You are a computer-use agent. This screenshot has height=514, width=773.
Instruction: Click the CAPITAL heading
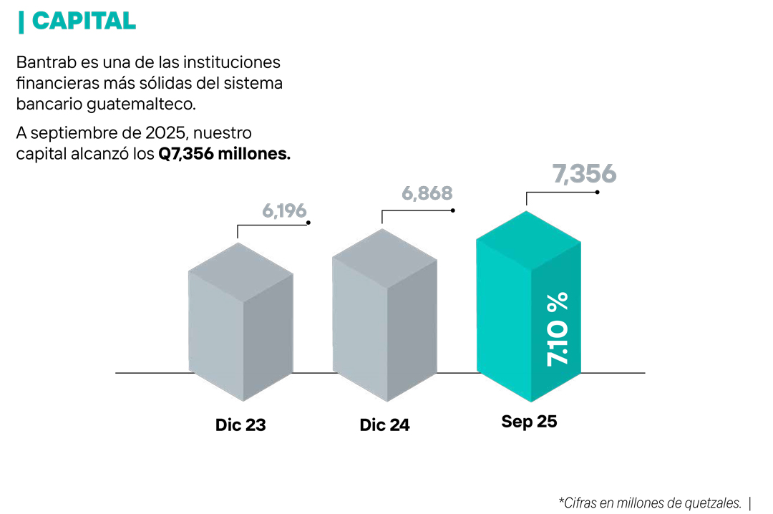pyautogui.click(x=84, y=21)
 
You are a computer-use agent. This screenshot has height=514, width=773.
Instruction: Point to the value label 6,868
pyautogui.click(x=427, y=193)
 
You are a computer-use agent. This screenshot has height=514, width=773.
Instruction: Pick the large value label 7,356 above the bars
pyautogui.click(x=584, y=174)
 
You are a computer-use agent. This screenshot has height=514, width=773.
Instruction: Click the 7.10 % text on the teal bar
pyautogui.click(x=558, y=329)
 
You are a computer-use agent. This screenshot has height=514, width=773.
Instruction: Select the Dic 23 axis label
pyautogui.click(x=240, y=425)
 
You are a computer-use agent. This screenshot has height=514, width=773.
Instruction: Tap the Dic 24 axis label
pyautogui.click(x=384, y=425)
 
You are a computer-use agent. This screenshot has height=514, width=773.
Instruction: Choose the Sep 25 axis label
pyautogui.click(x=529, y=422)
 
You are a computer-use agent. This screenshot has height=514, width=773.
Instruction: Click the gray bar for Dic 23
pyautogui.click(x=240, y=322)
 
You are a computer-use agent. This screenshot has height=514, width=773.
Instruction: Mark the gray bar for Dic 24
pyautogui.click(x=384, y=315)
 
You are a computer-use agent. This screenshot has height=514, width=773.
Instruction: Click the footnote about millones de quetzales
pyautogui.click(x=649, y=503)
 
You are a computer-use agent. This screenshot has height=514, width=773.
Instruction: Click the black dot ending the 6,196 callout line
pyautogui.click(x=308, y=223)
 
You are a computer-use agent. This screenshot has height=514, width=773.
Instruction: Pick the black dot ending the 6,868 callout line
pyautogui.click(x=453, y=210)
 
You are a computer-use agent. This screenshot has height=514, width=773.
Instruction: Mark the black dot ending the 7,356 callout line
pyautogui.click(x=597, y=192)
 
